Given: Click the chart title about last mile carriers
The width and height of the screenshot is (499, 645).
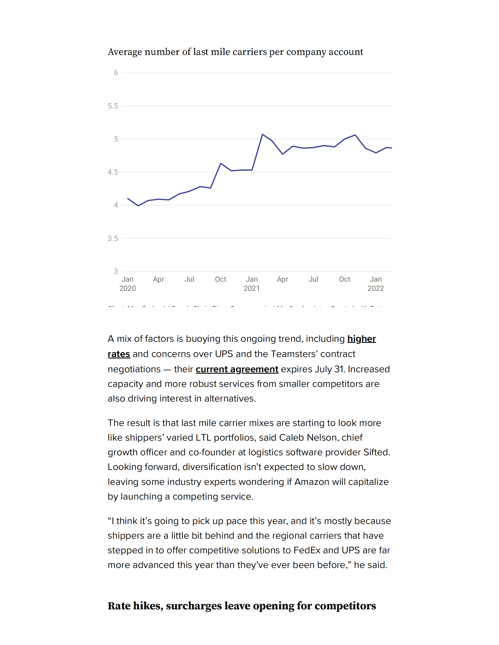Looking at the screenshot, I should coord(235,52).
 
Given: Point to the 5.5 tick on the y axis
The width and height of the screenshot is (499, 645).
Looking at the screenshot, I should coord(113,106).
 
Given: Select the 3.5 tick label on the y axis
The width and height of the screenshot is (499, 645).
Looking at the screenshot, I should coord(113,238).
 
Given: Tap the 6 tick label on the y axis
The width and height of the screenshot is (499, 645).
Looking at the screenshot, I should coord(116,73).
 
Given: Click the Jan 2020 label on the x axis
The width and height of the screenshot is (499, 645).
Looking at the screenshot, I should coord(127,283).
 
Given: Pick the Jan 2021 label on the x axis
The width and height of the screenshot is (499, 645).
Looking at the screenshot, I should coord(252,283).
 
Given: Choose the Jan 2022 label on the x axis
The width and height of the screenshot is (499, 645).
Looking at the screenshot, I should coord(376,283).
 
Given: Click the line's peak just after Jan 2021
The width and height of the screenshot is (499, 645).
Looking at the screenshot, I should coord(262,135).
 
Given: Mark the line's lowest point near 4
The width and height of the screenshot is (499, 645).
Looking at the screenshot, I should coord(138,206).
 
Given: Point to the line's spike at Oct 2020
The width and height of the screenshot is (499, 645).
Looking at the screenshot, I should coord(221,163).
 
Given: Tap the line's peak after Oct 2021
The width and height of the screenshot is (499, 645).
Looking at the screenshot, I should coord(355,135).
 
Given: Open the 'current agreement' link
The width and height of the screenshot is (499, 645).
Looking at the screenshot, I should coord(237,369).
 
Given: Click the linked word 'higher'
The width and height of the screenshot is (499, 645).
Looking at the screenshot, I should coord(361,339).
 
